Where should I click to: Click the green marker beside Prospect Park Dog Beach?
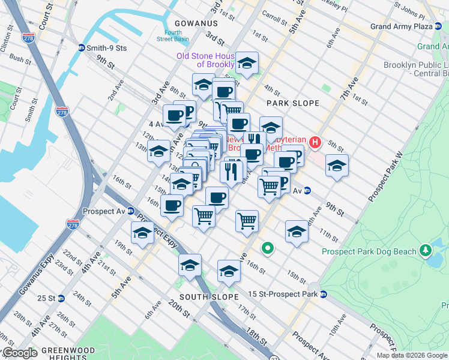(426, 249)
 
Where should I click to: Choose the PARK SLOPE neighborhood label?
(293, 103)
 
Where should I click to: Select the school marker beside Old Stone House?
(247, 63)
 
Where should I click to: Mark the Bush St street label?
(20, 60)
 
